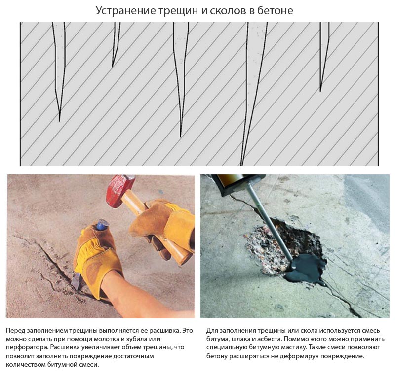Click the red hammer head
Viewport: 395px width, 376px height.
(x=119, y=191)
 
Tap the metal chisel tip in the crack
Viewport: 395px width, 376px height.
(x=76, y=281)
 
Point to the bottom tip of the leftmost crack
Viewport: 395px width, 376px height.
(x=59, y=122)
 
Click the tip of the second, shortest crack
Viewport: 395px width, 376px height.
(x=113, y=67)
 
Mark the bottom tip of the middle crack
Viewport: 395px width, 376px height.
(x=181, y=137)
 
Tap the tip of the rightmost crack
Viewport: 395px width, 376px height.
(x=320, y=91)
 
